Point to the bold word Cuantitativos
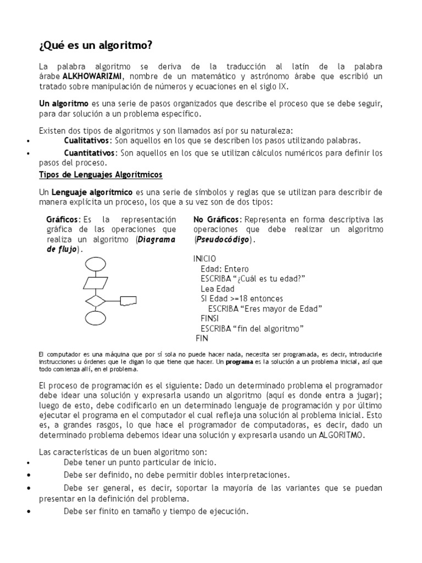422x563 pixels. [x=90, y=153]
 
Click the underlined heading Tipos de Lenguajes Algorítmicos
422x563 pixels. [x=101, y=175]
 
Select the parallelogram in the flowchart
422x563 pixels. [x=96, y=283]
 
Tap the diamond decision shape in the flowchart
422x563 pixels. [x=96, y=301]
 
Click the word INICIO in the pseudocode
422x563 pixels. [x=205, y=259]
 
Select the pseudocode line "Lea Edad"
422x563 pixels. [x=218, y=289]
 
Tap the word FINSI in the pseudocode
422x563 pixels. [x=211, y=318]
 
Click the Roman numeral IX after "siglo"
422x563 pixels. [x=283, y=87]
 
